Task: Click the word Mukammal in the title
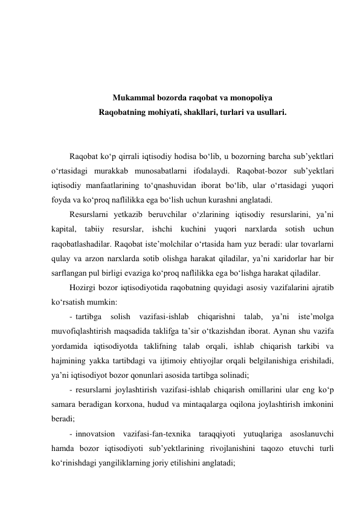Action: [x=132, y=97]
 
